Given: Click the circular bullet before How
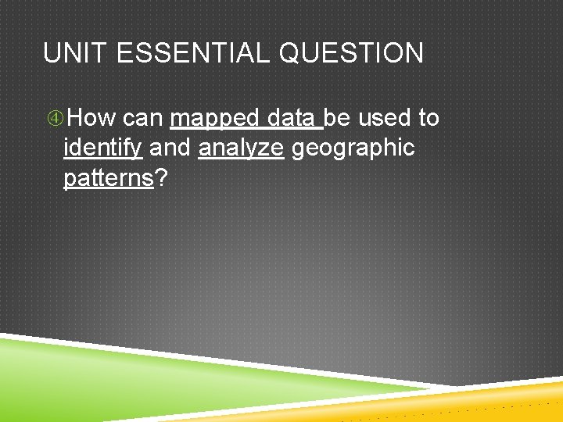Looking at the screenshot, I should pos(54,119).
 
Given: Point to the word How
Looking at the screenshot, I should pos(91,118).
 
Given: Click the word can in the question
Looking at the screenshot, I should pos(142,118).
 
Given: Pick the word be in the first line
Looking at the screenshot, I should pos(338,118).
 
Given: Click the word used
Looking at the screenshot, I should pos(385,118).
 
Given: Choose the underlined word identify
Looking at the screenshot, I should pos(102,148).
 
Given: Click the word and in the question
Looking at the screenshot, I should pos(170,148).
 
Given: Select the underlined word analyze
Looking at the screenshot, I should pos(241,148).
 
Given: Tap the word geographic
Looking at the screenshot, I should pos(353,148).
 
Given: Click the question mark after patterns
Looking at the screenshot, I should pos(161,177).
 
